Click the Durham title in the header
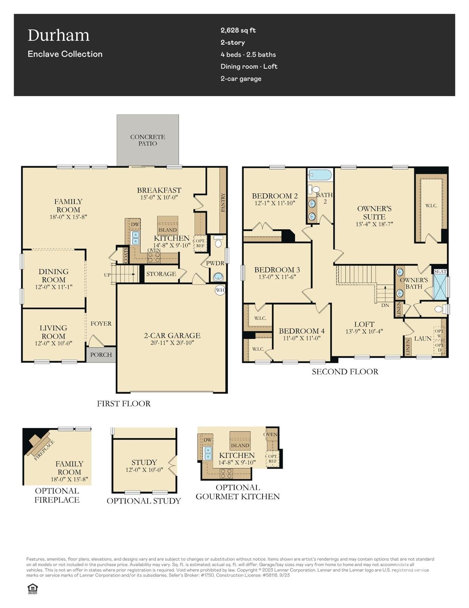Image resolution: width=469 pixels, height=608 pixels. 59,36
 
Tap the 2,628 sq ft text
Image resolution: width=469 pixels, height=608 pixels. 238,30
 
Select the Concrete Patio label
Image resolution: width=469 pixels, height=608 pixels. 148,140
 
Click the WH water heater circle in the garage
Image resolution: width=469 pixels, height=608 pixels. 220,290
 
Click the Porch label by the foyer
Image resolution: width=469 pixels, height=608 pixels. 101,355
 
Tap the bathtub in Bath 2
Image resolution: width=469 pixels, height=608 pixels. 320,175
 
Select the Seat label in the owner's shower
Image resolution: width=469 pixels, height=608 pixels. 440,272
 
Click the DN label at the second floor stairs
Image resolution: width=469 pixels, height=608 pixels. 385,305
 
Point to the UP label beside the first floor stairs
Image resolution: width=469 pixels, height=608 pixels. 107,275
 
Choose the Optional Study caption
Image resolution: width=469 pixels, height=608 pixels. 144,501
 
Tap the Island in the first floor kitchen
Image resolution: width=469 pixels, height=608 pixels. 168,230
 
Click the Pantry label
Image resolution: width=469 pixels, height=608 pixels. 223,202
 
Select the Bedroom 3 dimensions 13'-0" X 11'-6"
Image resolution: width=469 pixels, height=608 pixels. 277,277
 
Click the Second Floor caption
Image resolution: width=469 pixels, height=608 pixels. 345,372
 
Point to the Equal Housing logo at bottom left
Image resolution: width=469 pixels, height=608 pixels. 32,589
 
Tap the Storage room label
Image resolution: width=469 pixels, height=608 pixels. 161,274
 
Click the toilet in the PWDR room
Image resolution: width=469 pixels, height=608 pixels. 218,242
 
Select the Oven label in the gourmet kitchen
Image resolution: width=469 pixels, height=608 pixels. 270,434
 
